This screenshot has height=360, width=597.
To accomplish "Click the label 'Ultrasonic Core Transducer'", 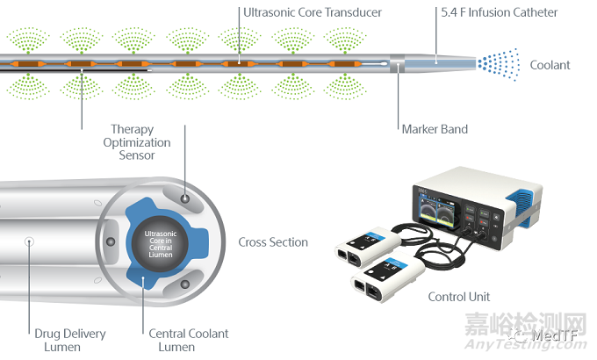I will pyautogui.click(x=313, y=13).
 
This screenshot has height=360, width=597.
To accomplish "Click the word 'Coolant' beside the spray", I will pyautogui.click(x=550, y=65).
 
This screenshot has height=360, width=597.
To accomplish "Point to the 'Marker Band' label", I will pyautogui.click(x=435, y=129).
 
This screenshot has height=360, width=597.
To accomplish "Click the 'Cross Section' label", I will pyautogui.click(x=273, y=242).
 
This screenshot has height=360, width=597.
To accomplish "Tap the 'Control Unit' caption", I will pyautogui.click(x=459, y=297).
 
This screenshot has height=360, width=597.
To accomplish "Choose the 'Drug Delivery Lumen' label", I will pyautogui.click(x=70, y=340).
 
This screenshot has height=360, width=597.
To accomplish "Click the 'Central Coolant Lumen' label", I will pyautogui.click(x=188, y=340).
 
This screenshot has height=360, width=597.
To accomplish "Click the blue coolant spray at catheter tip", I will pyautogui.click(x=498, y=63).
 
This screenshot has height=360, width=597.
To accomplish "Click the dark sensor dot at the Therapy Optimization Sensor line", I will pyautogui.click(x=185, y=200).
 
